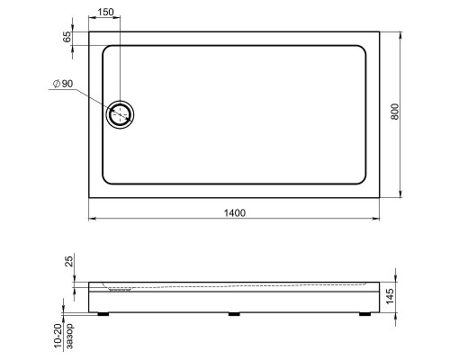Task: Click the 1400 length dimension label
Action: (x=235, y=212)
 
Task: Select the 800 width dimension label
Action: (x=395, y=112)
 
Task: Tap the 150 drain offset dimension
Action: (x=105, y=12)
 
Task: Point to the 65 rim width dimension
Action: (x=67, y=37)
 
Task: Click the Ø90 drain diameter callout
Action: (x=63, y=84)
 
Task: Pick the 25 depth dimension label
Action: (x=69, y=261)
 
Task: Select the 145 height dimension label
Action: (x=390, y=296)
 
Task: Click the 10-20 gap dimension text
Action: (x=58, y=336)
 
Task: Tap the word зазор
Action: (x=69, y=337)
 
